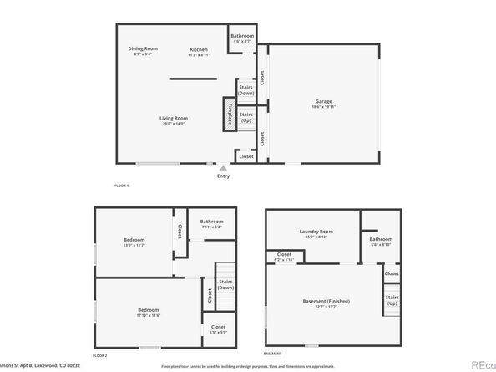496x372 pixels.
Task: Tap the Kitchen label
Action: point(198,52)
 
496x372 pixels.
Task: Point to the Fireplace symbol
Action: point(227,113)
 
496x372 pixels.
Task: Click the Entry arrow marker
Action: point(223,167)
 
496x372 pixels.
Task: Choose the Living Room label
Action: point(174,120)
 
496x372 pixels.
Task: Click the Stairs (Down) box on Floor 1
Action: point(246,89)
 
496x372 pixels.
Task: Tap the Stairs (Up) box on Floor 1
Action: point(246,118)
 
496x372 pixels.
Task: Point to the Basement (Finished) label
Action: point(326,303)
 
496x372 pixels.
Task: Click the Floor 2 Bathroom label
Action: point(212,223)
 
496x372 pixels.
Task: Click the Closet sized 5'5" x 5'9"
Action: point(218,329)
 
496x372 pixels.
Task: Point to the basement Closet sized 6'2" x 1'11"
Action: point(284,256)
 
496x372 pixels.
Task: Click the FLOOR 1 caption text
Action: point(122,185)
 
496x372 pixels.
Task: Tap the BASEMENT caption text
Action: point(273,354)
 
